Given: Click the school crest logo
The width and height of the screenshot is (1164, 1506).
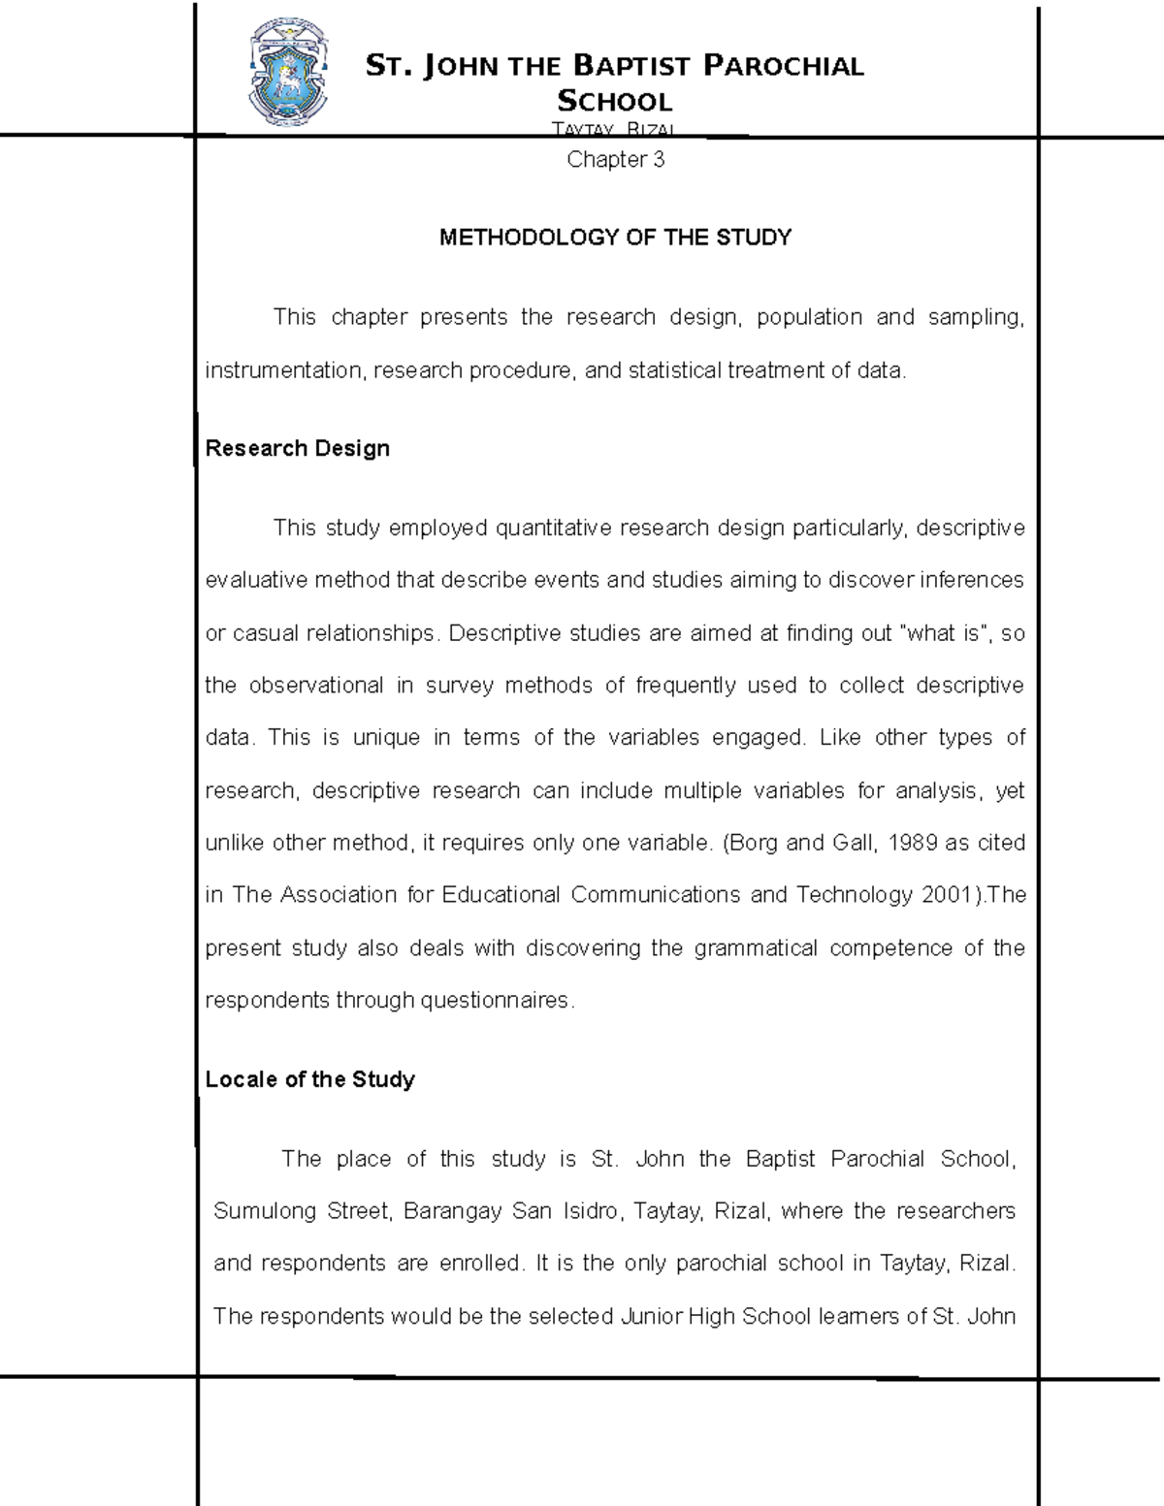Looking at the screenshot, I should click(x=289, y=72).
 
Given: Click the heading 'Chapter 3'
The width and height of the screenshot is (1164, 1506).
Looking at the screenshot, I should click(x=615, y=160).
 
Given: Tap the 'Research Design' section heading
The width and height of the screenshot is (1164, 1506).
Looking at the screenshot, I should click(x=297, y=448).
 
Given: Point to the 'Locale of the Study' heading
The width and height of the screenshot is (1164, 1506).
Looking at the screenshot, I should click(x=309, y=1079).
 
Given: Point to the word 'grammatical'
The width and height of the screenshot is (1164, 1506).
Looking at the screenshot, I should click(x=756, y=947).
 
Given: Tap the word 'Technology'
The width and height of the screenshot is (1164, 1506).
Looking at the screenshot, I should click(x=854, y=895).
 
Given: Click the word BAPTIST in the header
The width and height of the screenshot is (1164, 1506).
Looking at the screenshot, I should click(x=631, y=66).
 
